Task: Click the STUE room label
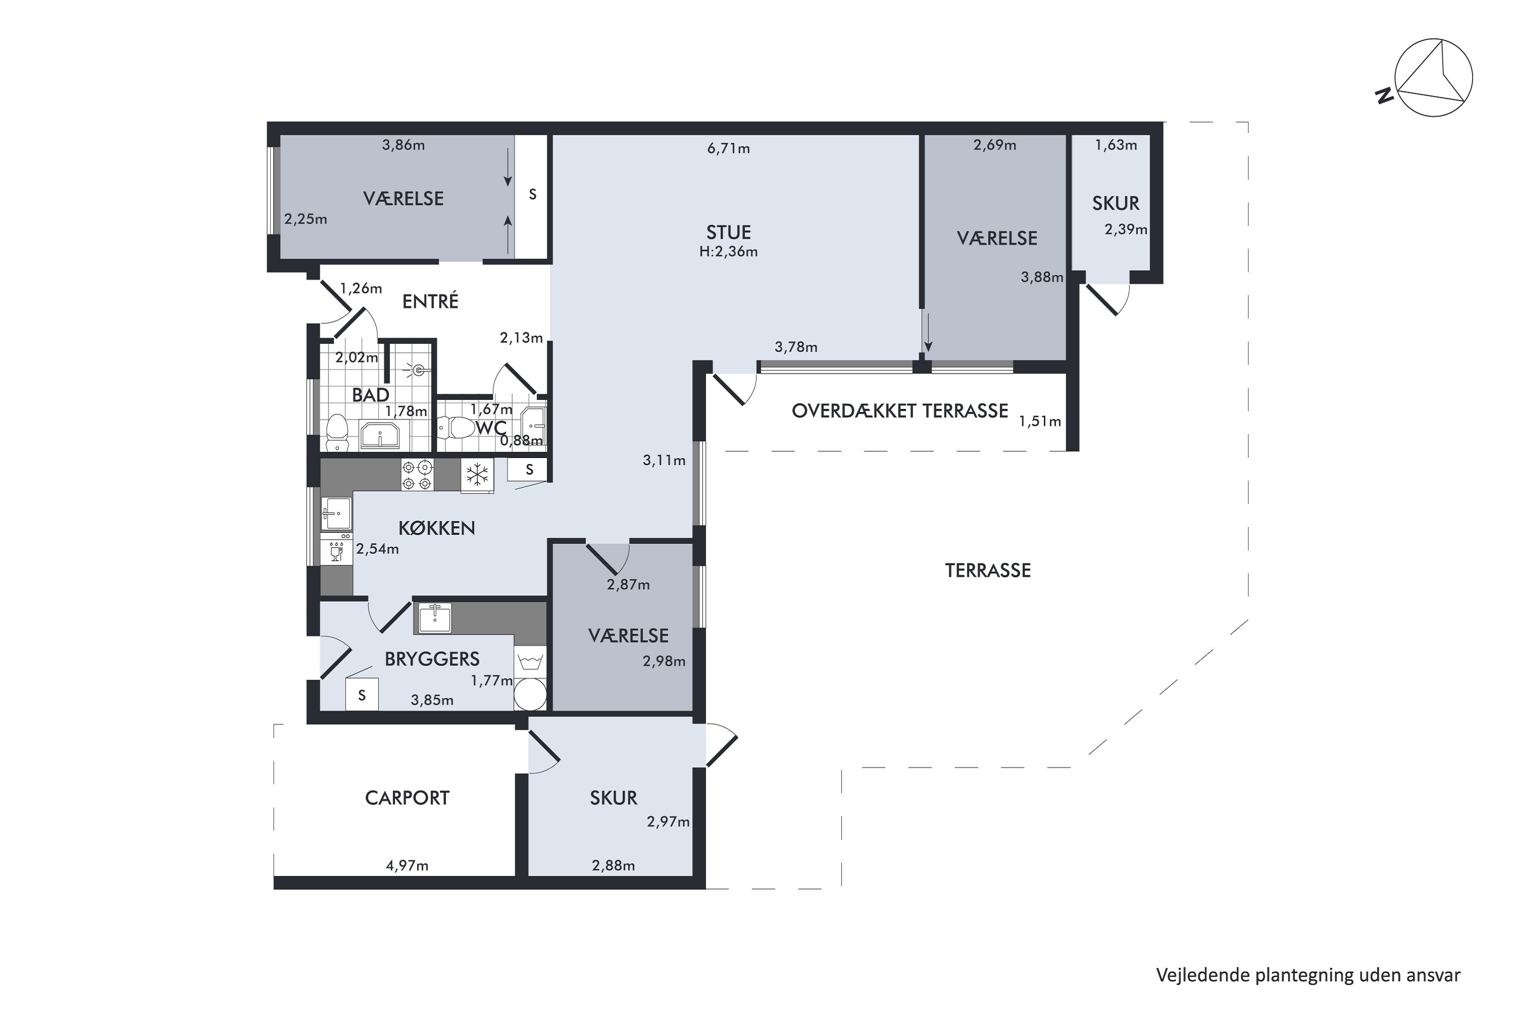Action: [729, 232]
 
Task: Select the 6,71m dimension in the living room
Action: [729, 149]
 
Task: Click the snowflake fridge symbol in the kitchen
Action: [477, 475]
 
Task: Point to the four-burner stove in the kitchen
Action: [418, 475]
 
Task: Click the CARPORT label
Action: [407, 798]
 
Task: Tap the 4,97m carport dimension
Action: [407, 866]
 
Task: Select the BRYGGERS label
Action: [432, 659]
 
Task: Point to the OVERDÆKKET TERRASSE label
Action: [900, 411]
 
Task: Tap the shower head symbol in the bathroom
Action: [418, 370]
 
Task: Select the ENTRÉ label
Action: [430, 301]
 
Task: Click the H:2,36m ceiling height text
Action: [729, 252]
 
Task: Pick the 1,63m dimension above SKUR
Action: [1116, 145]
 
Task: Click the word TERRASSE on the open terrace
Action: [988, 570]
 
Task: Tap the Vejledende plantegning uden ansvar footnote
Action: [1308, 976]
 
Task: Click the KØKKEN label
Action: [437, 528]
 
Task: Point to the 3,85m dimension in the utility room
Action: [432, 700]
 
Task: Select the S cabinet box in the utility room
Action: [362, 695]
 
